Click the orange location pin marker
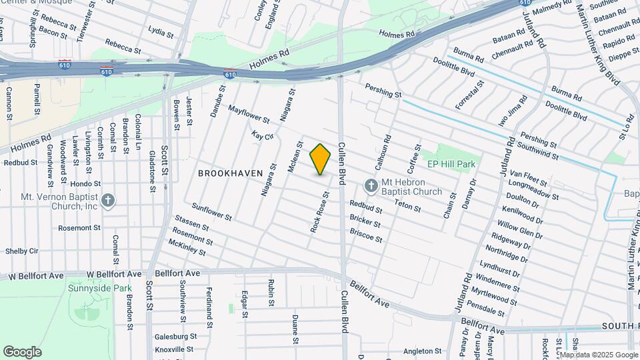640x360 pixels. tap(321, 159)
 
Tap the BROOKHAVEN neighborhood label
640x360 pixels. tap(230, 173)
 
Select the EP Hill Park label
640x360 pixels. tap(451, 163)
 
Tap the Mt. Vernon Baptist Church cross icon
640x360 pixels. tap(109, 199)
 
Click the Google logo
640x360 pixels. tap(22, 352)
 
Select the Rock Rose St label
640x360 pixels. tap(320, 212)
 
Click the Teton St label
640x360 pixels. tap(407, 207)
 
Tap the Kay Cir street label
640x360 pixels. tap(263, 136)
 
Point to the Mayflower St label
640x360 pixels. tap(248, 114)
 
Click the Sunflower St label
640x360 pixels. tap(211, 212)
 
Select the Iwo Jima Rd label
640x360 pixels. tap(513, 110)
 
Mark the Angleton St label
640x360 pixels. tap(423, 351)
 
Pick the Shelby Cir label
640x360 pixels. tap(22, 251)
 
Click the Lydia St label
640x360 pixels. tap(156, 31)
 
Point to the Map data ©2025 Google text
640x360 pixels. tap(599, 354)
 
